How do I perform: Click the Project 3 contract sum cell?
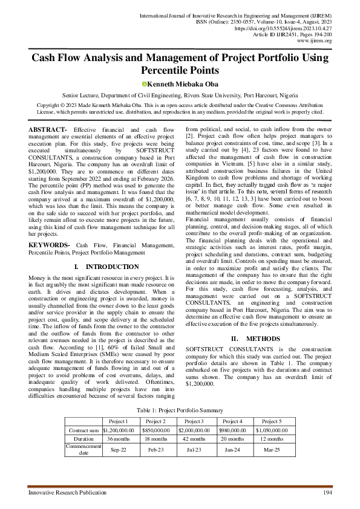pos(194,430)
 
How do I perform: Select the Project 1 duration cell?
pos(118,439)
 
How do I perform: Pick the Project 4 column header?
pos(233,421)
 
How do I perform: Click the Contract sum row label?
pos(84,430)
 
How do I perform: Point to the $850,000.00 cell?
pos(155,430)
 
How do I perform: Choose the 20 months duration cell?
pos(233,439)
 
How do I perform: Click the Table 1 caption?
pos(180,410)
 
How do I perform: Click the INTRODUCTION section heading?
pos(105,267)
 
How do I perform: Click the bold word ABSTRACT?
pos(47,130)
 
